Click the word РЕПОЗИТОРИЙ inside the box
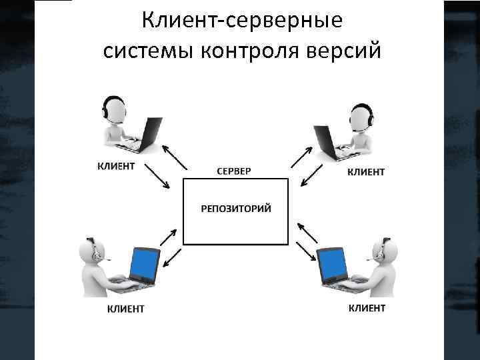click(237, 209)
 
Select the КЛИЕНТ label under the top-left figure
click(116, 165)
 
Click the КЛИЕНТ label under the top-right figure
click(366, 171)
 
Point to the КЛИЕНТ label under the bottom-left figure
click(125, 309)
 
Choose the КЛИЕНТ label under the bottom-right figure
click(367, 307)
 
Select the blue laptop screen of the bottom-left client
click(145, 263)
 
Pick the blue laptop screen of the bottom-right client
click(331, 264)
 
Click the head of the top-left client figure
click(113, 108)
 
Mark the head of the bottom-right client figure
click(387, 251)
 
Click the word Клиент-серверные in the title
click(243, 21)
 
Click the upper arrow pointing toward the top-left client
click(174, 157)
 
